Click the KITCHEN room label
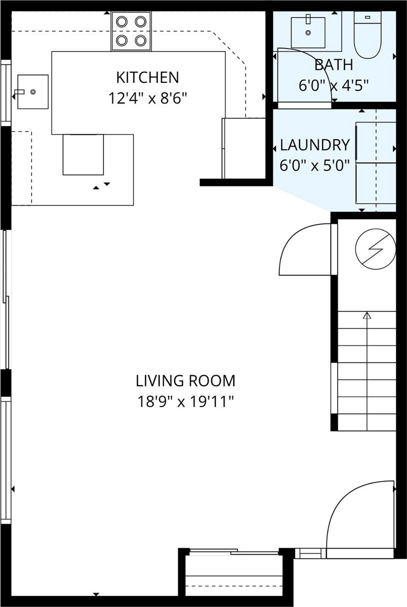tap(148, 77)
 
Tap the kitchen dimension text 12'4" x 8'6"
tap(148, 98)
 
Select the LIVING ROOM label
tap(186, 381)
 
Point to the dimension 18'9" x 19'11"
tap(186, 401)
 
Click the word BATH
tap(334, 65)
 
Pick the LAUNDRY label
tap(315, 145)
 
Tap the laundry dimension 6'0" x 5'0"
tap(315, 165)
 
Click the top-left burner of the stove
tap(122, 22)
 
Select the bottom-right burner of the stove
tap(141, 41)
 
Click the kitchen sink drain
tap(33, 91)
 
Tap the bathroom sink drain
tap(308, 33)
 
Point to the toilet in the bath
tap(368, 35)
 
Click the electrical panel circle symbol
tap(375, 249)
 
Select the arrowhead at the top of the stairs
tap(367, 315)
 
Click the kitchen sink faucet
tap(20, 91)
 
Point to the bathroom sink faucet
tap(308, 19)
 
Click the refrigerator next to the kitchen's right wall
tap(243, 148)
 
